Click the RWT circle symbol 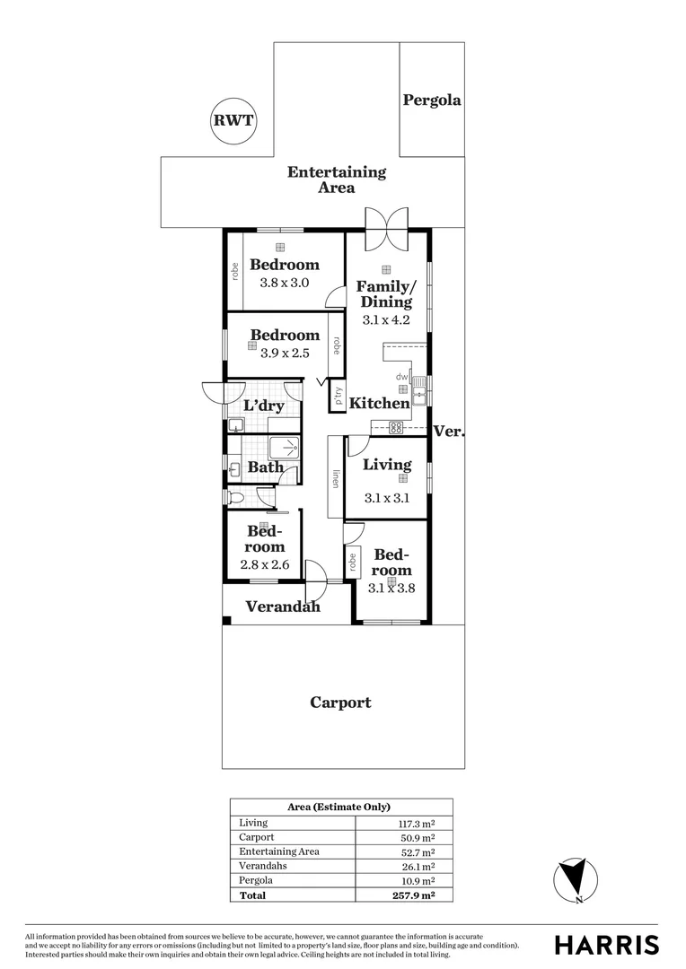[x=233, y=120]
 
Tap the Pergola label [x=432, y=100]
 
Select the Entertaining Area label [x=337, y=179]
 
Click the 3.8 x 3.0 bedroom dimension [x=284, y=283]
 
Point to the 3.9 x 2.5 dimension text [x=285, y=354]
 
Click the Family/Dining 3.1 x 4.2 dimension [x=386, y=320]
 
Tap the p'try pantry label [x=338, y=397]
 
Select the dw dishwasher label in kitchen [x=401, y=376]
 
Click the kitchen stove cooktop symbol [x=396, y=426]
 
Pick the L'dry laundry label [x=263, y=406]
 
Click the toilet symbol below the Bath [x=236, y=496]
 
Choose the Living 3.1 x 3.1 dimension [x=387, y=498]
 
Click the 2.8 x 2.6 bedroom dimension [x=264, y=565]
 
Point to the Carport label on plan [x=341, y=703]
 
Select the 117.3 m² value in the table [x=416, y=824]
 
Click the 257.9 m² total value [x=415, y=895]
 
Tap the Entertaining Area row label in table [x=279, y=851]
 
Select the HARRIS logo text [x=606, y=946]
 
